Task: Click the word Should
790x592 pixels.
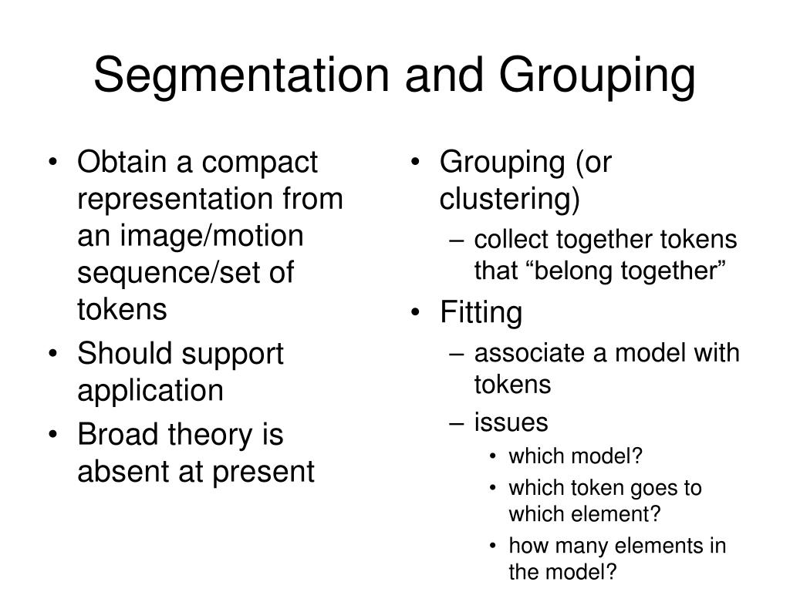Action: click(123, 355)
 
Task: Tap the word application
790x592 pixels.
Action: click(150, 392)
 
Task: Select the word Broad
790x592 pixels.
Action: click(114, 436)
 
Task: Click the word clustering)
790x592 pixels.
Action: click(509, 200)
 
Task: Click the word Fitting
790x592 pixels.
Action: click(481, 313)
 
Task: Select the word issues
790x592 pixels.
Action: click(511, 422)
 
